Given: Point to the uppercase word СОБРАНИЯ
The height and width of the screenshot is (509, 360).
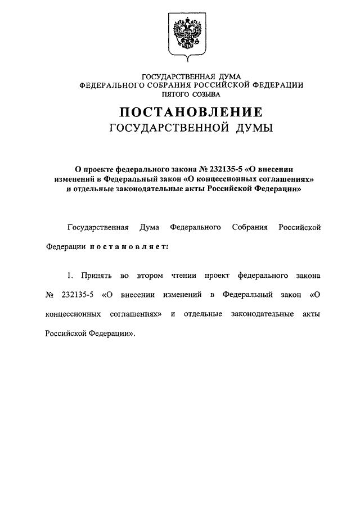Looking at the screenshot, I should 159,85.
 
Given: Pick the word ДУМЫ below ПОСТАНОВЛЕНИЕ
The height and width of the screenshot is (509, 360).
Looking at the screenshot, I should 251,128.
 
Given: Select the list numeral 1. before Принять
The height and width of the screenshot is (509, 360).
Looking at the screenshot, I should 70,277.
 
